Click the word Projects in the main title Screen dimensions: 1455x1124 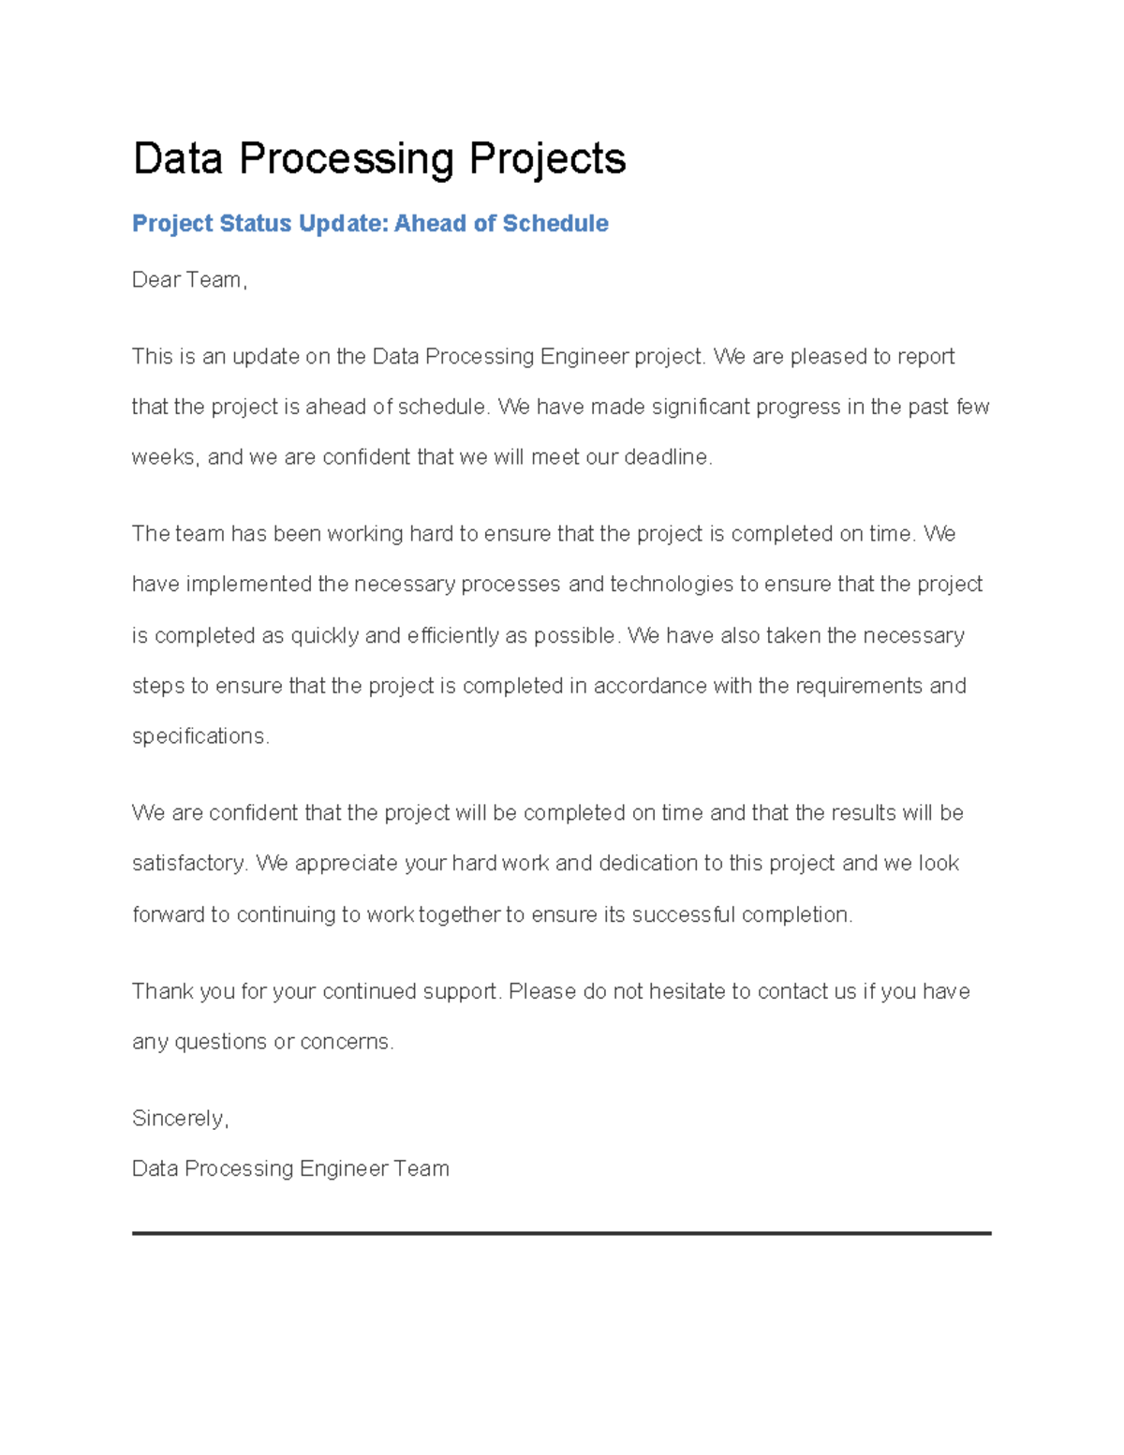pos(547,159)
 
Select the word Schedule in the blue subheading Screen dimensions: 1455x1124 pos(555,224)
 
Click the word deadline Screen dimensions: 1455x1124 pos(667,458)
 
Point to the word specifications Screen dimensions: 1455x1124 pos(200,737)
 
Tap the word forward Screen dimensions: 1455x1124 pos(168,915)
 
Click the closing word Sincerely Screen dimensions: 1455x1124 pos(179,1120)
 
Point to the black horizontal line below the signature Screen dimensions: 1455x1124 pos(562,1234)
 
